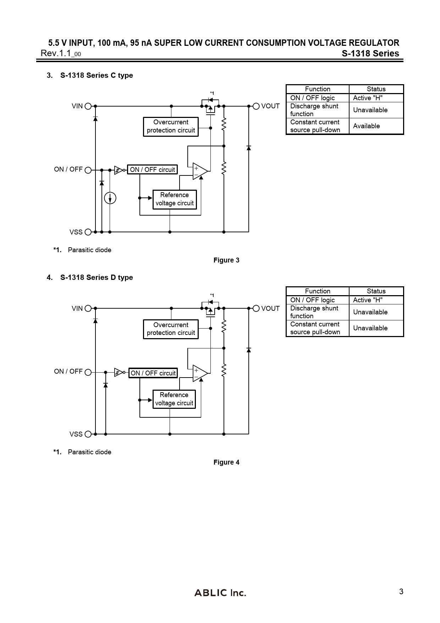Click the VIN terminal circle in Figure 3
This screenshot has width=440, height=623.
(x=88, y=106)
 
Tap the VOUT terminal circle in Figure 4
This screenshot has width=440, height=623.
(x=256, y=308)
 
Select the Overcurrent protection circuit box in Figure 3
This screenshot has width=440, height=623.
(x=171, y=126)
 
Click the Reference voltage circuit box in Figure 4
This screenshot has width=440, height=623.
(x=174, y=399)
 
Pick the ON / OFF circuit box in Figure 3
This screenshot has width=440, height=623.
(x=152, y=170)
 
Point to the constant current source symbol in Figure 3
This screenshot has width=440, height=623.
(x=110, y=198)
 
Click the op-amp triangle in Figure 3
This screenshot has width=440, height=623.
(x=200, y=171)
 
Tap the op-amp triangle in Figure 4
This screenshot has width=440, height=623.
(x=200, y=373)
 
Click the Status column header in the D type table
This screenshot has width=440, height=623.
(x=376, y=291)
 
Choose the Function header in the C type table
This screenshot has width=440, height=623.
(x=318, y=89)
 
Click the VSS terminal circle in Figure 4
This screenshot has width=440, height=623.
(x=88, y=434)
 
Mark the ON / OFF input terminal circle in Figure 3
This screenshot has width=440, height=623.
(x=88, y=170)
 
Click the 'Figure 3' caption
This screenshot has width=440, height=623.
(x=226, y=260)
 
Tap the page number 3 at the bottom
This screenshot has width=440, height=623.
(x=401, y=592)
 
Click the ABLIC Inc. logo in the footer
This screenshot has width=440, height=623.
(x=220, y=592)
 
